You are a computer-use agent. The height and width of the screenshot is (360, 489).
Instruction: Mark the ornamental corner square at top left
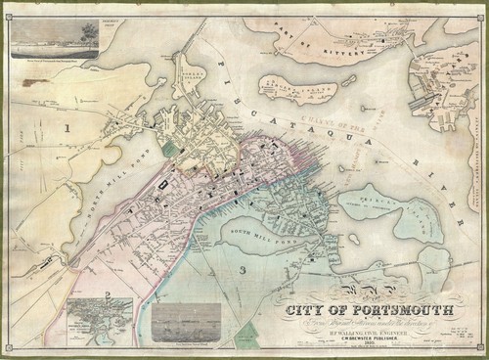pyautogui.click(x=7, y=7)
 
